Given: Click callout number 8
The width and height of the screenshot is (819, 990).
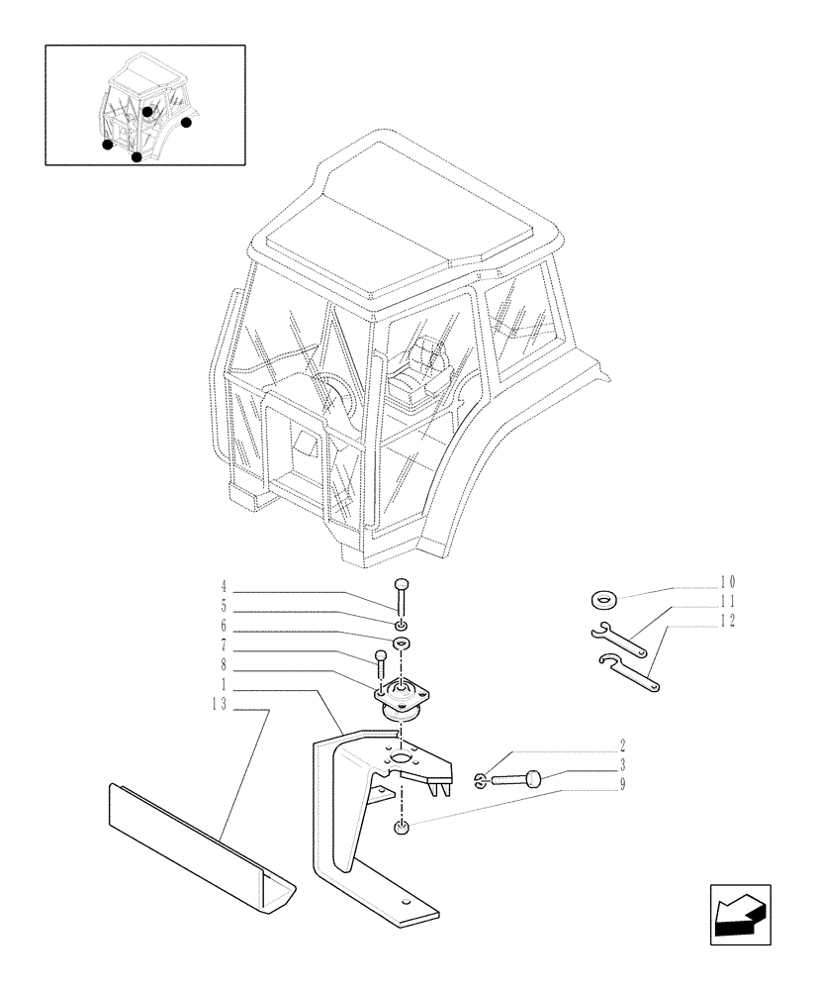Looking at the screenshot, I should (x=224, y=664).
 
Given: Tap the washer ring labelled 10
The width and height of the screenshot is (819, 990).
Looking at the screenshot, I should (x=604, y=599).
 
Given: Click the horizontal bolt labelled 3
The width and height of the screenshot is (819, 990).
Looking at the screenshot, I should (x=515, y=781).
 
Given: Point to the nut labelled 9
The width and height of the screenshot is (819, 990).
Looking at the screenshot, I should (x=400, y=828).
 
